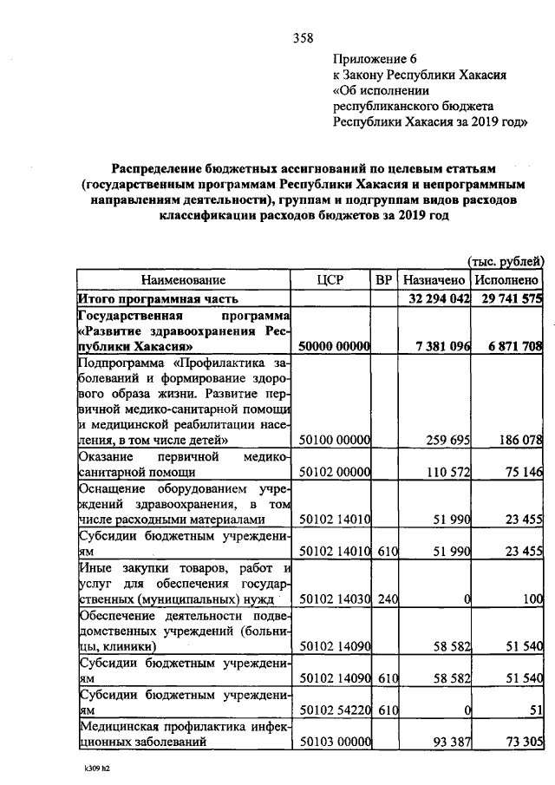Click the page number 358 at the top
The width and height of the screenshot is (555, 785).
(303, 37)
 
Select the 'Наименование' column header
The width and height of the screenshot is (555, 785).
(183, 280)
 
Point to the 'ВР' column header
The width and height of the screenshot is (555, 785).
(384, 280)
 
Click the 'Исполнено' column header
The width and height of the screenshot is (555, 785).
(507, 280)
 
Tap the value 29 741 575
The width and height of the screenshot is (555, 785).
(508, 298)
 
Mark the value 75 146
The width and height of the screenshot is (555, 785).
(520, 473)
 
